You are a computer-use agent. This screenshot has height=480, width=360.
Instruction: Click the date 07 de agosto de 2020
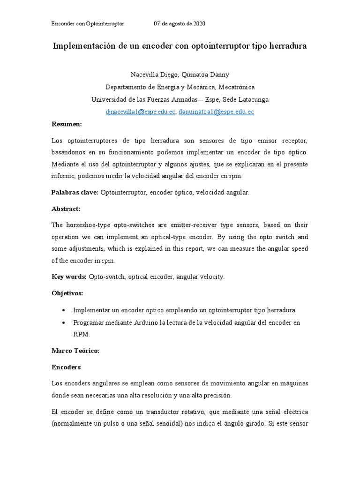tap(180, 23)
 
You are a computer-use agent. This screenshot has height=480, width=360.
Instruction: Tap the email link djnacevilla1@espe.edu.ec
tap(141, 112)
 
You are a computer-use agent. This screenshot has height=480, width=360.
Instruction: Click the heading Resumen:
tap(67, 124)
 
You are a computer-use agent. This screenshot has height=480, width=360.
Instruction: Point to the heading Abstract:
tap(66, 209)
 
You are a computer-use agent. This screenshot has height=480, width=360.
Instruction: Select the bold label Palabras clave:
tap(75, 192)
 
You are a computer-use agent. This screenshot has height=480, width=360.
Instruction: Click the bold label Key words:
tap(69, 277)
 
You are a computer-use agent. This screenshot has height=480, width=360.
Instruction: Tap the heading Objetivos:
tap(67, 293)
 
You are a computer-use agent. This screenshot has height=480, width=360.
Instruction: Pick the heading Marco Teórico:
tap(75, 350)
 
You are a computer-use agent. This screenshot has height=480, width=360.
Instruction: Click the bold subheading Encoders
tap(66, 367)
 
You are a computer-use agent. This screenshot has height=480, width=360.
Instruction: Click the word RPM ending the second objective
tap(81, 335)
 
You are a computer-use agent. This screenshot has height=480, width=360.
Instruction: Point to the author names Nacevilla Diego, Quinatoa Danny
tap(180, 75)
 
